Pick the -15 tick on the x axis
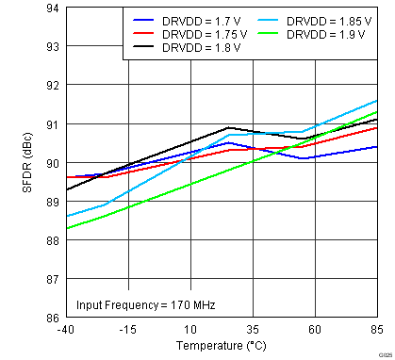128,329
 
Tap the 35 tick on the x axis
253,329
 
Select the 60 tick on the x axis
315,329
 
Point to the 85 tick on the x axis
376,329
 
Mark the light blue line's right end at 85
376,100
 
